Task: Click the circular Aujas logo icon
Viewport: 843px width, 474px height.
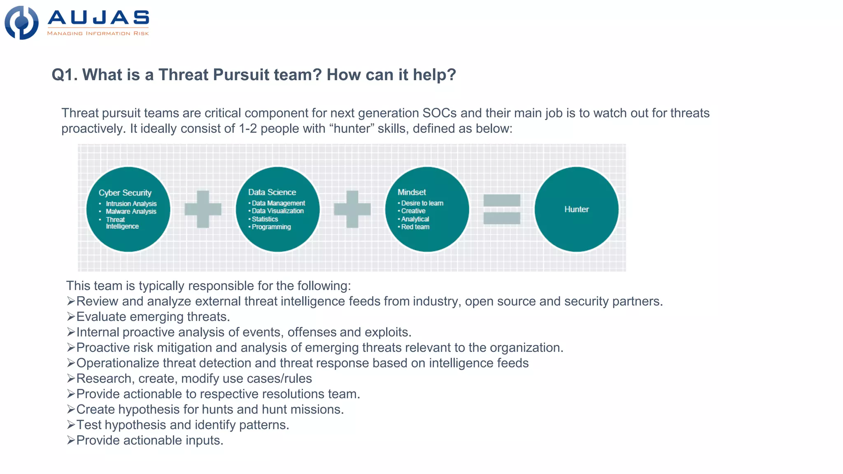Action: [x=21, y=23]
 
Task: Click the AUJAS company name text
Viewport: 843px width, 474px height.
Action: [x=98, y=18]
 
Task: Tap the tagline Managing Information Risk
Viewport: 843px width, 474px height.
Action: [x=98, y=33]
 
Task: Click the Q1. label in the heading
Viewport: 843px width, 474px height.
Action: [x=64, y=75]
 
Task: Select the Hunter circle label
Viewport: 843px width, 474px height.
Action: [x=576, y=209]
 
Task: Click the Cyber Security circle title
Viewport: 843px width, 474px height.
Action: [x=125, y=193]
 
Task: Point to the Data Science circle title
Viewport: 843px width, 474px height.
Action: [x=272, y=192]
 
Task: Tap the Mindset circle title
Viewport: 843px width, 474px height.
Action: [x=412, y=192]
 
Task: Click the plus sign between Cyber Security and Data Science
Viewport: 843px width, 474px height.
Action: [x=203, y=209]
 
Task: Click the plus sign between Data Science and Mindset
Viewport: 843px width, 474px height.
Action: [x=352, y=209]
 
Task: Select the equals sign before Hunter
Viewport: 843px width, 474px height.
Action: [x=502, y=209]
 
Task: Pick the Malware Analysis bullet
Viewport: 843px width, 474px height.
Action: [x=131, y=211]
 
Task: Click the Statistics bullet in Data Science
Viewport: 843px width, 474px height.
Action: [x=265, y=219]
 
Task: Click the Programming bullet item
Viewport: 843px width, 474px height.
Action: [x=271, y=227]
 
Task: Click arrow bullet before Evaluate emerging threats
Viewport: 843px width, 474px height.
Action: [x=71, y=317]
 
